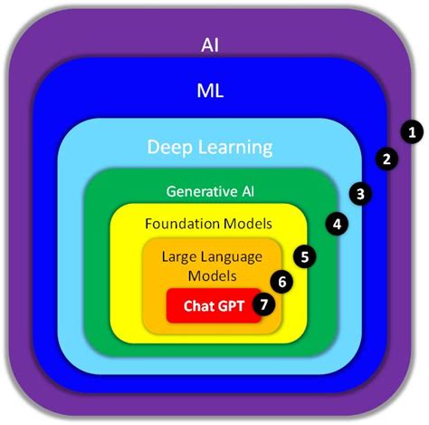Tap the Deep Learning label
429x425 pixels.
point(210,146)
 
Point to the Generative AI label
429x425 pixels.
point(209,191)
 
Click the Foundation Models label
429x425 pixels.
point(209,223)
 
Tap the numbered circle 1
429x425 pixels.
point(412,131)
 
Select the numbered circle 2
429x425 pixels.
point(386,159)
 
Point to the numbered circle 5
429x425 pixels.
point(306,256)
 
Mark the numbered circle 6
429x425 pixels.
point(282,282)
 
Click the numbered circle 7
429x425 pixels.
point(263,304)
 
